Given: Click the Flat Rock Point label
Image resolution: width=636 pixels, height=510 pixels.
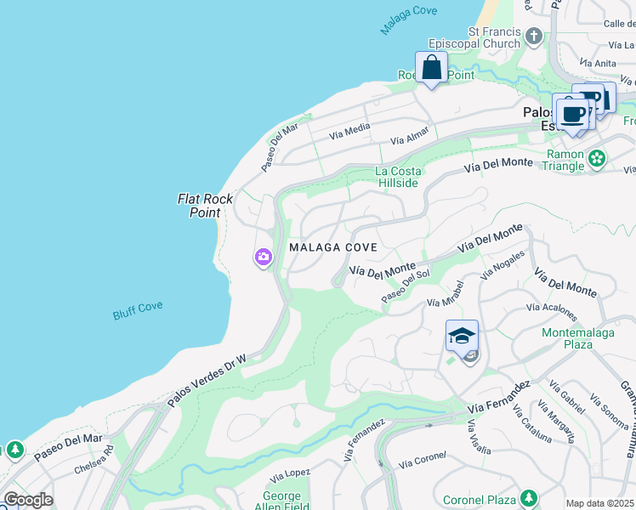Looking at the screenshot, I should coord(205,206).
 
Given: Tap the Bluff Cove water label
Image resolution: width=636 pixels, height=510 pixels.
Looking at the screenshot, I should coord(138,311).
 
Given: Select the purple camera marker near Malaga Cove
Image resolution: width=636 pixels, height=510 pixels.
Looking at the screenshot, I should coord(262,256).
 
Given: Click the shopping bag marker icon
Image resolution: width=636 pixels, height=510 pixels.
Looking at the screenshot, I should coord(431,66).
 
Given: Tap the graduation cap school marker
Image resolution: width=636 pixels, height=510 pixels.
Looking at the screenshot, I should coord(462,336).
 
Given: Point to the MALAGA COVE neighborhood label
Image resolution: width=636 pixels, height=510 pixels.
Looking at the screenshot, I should coord(332,247).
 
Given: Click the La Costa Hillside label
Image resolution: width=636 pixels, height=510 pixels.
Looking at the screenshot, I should coord(397,177).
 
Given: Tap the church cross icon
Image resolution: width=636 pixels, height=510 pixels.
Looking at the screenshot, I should coord(534,36).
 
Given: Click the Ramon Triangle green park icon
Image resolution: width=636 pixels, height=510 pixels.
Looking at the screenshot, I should coord(598,158).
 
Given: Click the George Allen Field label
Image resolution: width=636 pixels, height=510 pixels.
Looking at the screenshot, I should coord(281,501).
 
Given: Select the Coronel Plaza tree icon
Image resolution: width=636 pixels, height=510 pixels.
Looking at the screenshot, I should coord(529,497).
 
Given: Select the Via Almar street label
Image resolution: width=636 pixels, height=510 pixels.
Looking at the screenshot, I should coord(411,136).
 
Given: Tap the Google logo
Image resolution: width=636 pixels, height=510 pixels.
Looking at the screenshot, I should coord(28,500).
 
